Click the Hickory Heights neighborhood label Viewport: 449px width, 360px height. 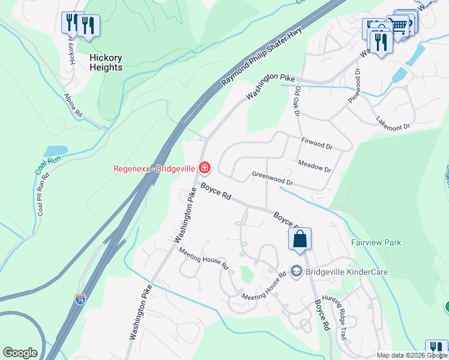(106, 62)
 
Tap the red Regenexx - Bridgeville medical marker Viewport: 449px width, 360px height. (205, 167)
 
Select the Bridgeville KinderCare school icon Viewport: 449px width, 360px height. (295, 272)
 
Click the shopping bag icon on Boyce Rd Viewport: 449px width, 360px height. (300, 238)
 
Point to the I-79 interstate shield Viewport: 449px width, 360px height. (81, 298)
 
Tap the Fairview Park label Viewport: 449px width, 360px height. (376, 243)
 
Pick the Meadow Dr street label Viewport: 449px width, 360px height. (314, 166)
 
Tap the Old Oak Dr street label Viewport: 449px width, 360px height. (298, 103)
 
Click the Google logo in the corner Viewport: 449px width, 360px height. (20, 353)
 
